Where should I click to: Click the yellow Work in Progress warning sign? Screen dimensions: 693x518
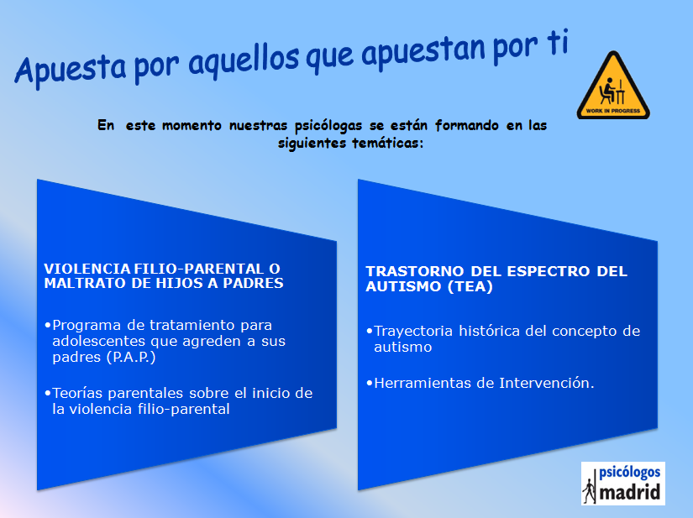click(613, 86)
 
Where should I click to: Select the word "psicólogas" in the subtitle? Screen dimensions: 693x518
click(328, 126)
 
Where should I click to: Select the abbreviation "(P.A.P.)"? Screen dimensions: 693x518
click(131, 358)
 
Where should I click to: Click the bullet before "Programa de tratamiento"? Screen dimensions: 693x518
click(47, 326)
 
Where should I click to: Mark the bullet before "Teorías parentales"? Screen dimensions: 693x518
click(47, 393)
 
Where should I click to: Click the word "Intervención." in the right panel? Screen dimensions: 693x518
click(547, 383)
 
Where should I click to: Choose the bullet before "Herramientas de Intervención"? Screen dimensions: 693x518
click(370, 383)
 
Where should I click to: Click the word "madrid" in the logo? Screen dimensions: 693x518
click(630, 492)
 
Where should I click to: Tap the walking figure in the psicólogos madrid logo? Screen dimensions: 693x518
click(589, 491)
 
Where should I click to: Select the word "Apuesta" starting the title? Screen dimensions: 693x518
click(70, 70)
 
